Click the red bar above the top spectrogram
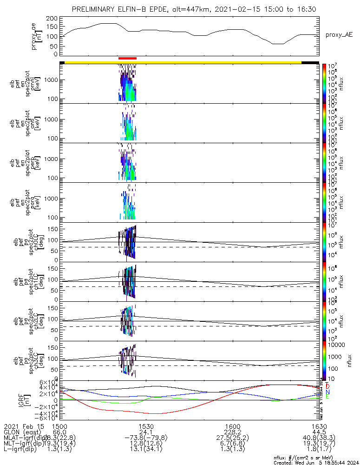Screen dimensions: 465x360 [127, 58]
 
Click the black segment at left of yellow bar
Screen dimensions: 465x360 [62, 62]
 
